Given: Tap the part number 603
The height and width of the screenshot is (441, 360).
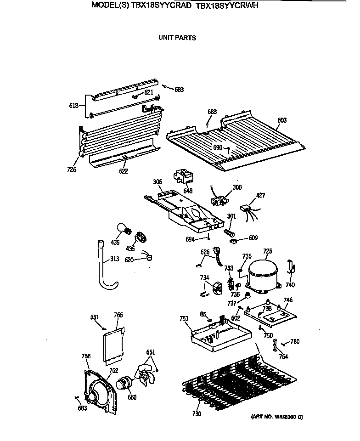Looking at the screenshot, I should coord(282,120).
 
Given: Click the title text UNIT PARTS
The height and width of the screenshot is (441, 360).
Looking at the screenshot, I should coord(177,38).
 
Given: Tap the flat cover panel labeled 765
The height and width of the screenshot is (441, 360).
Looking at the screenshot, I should coord(112,345).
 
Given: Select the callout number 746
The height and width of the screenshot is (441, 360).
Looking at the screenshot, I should coord(287,300).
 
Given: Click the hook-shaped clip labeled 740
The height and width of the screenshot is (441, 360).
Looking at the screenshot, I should coord(290,268).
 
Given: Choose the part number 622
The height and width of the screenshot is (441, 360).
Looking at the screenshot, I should coord(123,171).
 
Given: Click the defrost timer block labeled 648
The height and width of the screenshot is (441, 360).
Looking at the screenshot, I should coord(182,177).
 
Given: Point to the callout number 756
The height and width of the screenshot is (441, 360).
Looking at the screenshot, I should coord(86,356).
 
